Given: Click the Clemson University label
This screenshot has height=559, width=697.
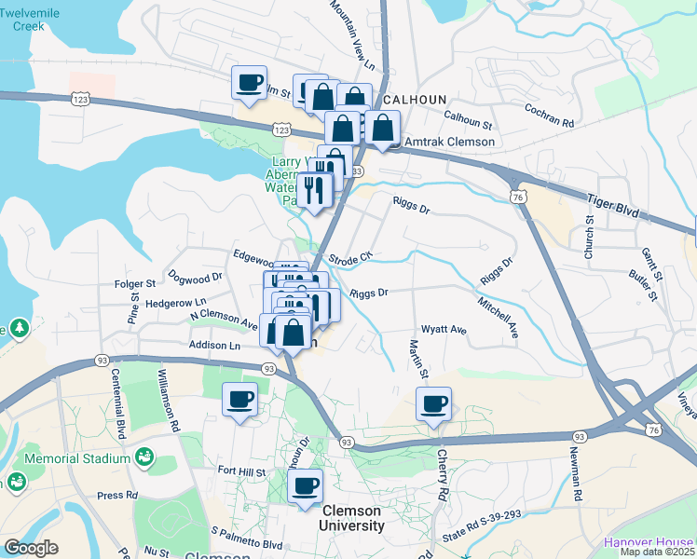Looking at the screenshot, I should pos(351,518).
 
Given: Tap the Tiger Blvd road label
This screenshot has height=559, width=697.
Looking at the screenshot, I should pos(612,206).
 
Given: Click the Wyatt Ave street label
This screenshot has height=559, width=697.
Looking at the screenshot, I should pos(444,329).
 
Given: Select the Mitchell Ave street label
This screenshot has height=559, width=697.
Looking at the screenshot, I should pos(497,317).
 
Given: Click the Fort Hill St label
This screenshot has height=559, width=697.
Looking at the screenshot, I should pos(241,472).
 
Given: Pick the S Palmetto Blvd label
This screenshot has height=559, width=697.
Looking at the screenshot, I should pos(246,537).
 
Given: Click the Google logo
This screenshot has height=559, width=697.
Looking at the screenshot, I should pos(31,548).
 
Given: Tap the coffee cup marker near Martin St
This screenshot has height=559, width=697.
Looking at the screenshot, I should pos(433,404).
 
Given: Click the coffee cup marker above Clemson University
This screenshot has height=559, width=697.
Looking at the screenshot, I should pos(305,485).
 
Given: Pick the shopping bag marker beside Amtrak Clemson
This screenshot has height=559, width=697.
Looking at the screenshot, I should pos(382,128).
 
